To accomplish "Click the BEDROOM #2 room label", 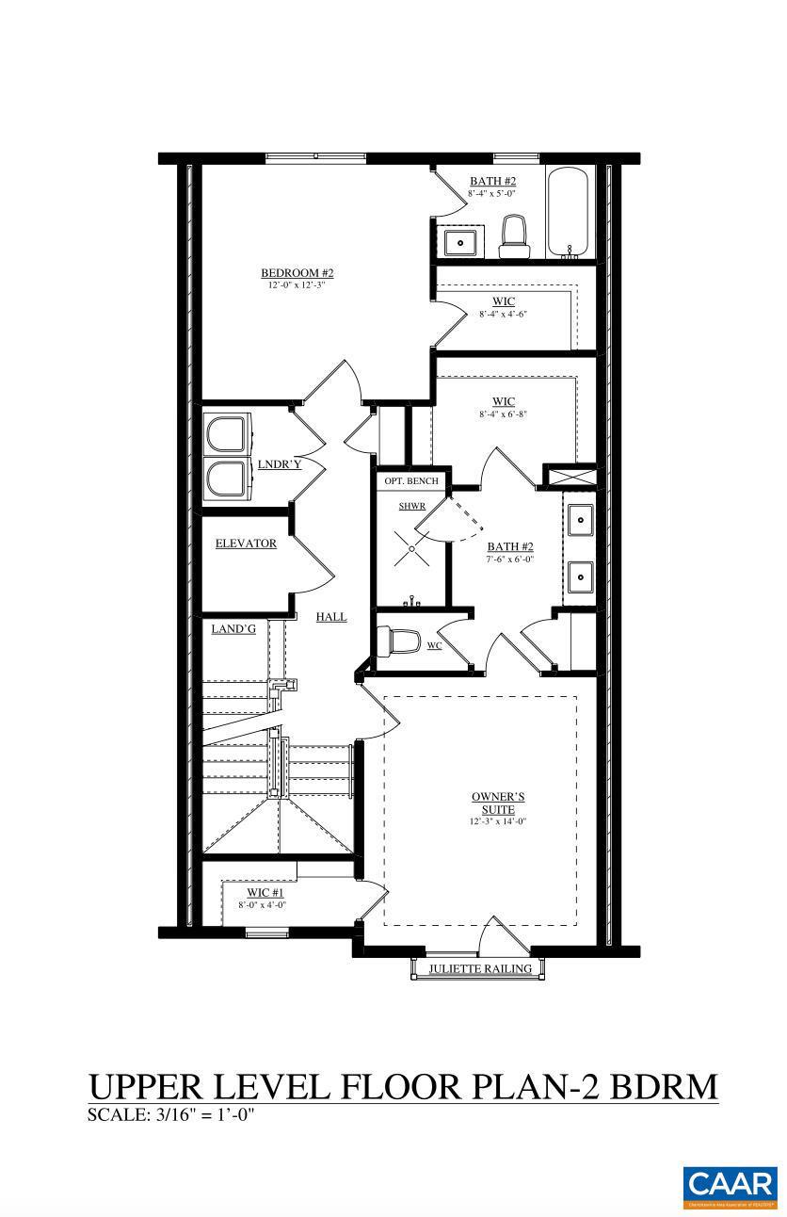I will pos(297,273).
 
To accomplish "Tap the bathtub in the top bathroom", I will pos(569,213).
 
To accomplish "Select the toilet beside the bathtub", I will pos(513,235).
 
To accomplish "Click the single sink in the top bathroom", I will pos(463,242).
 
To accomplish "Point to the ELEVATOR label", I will pos(246,544).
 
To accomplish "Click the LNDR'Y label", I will pos(280,464).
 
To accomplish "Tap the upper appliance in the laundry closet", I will pos(227,436).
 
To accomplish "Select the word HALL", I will pos(330,616).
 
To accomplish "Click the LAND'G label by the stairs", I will pos(233,628).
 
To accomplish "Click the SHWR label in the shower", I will pos(412,506).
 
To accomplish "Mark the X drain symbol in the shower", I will pos(411,547).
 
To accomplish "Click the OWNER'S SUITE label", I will pos(498,803).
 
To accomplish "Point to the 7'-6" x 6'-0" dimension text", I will pos(510,560).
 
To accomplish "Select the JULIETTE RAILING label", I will pos(480,968).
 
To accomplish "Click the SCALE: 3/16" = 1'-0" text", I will pos(171,1115).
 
